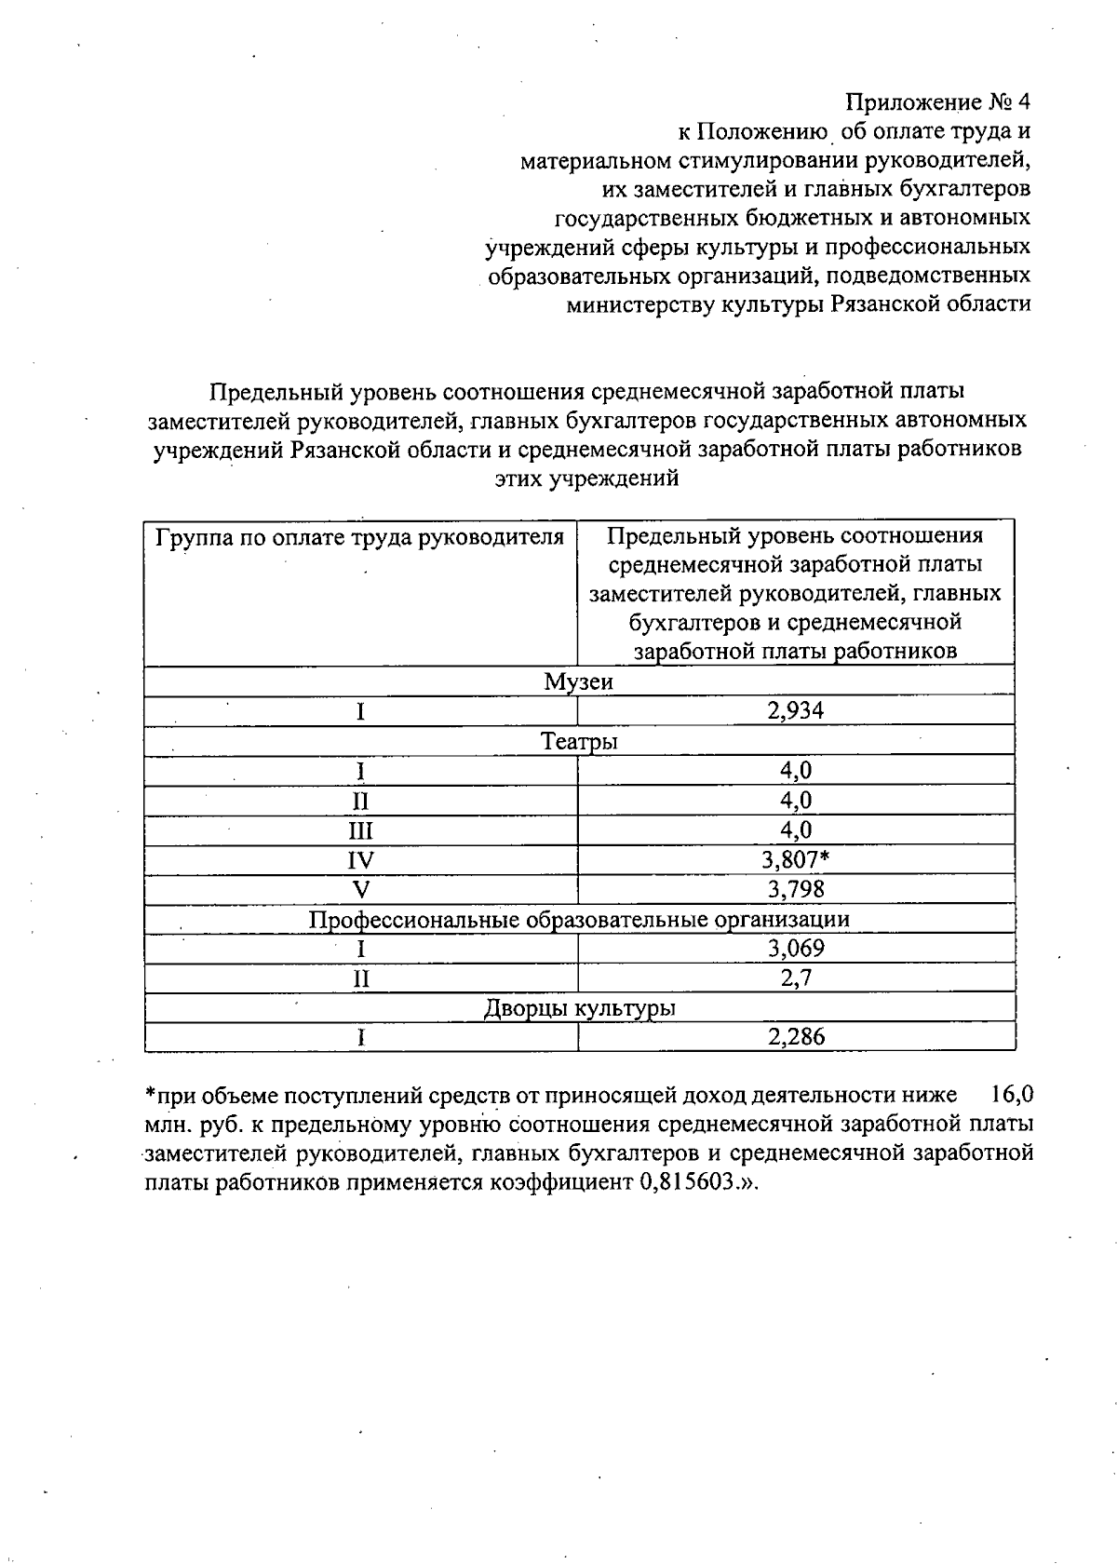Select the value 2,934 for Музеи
pyautogui.click(x=795, y=711)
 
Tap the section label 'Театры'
pyautogui.click(x=579, y=742)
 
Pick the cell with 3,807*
pyautogui.click(x=796, y=859)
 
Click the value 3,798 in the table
pyautogui.click(x=795, y=889)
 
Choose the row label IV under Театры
pyautogui.click(x=360, y=859)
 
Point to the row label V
pyautogui.click(x=360, y=889)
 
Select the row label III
pyautogui.click(x=360, y=829)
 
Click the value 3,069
pyautogui.click(x=795, y=949)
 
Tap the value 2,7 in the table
pyautogui.click(x=795, y=978)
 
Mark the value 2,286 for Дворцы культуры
pyautogui.click(x=795, y=1037)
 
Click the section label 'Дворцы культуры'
pyautogui.click(x=579, y=1008)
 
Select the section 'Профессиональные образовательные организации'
pyautogui.click(x=579, y=920)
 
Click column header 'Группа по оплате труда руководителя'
pyautogui.click(x=360, y=538)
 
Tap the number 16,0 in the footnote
pyautogui.click(x=1011, y=1094)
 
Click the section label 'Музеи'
pyautogui.click(x=579, y=682)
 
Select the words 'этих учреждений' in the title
pyautogui.click(x=586, y=479)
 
